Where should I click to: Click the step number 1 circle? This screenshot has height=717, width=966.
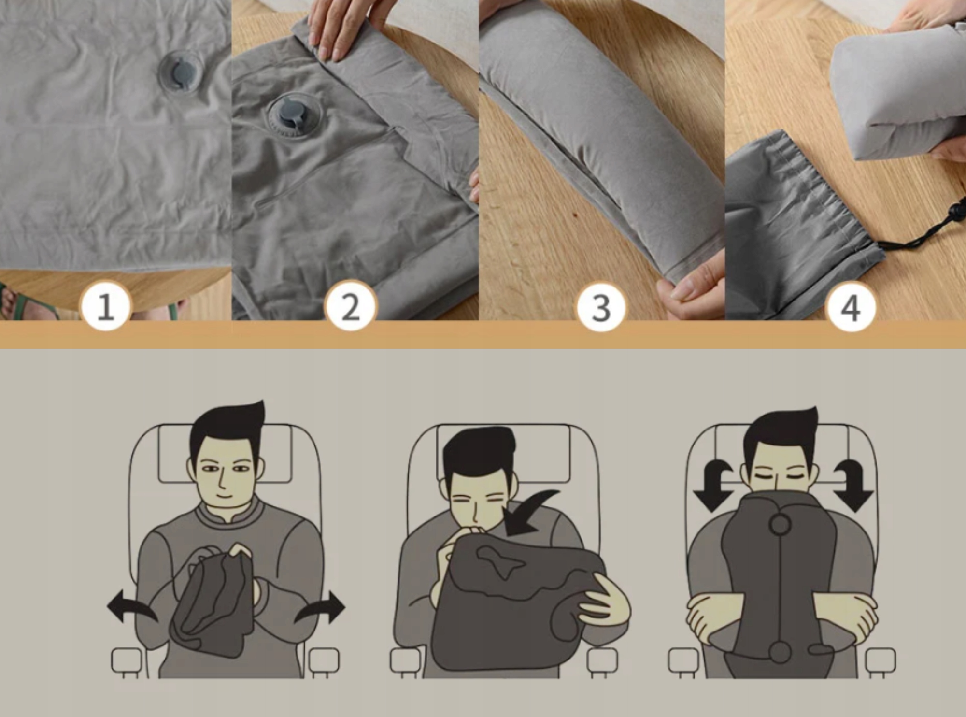[106, 306]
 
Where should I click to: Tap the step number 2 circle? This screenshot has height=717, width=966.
[351, 306]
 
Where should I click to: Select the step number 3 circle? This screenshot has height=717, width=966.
[601, 307]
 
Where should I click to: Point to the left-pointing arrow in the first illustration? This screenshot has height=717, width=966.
[130, 606]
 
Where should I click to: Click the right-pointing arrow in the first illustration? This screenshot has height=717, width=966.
[321, 607]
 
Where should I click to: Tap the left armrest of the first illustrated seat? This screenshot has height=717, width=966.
[127, 661]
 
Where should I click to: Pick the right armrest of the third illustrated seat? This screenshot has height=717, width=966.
[880, 661]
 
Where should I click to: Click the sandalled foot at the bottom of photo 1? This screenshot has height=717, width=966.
[29, 301]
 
